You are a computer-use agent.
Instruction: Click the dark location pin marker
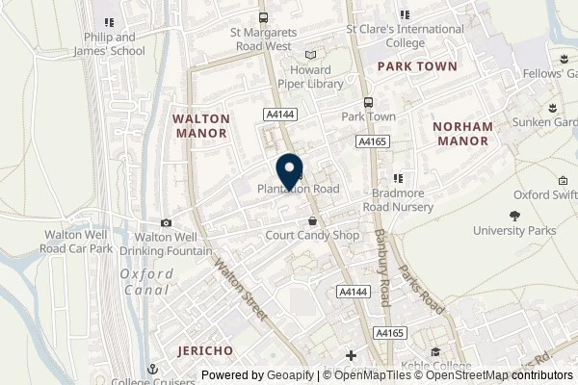tap(289, 170)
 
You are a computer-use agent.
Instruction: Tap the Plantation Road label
tap(298, 189)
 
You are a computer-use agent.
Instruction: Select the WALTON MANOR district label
tap(200, 126)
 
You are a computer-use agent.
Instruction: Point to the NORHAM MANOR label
tap(462, 133)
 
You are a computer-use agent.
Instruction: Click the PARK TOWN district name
tap(408, 66)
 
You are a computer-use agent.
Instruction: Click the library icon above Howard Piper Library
tap(309, 56)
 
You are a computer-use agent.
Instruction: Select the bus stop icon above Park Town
tap(368, 103)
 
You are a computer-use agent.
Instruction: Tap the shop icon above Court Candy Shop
tap(311, 220)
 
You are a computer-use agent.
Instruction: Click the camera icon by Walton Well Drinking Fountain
tap(167, 223)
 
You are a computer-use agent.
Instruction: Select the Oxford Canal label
tap(147, 281)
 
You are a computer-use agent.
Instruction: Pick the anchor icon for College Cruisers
tap(151, 369)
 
